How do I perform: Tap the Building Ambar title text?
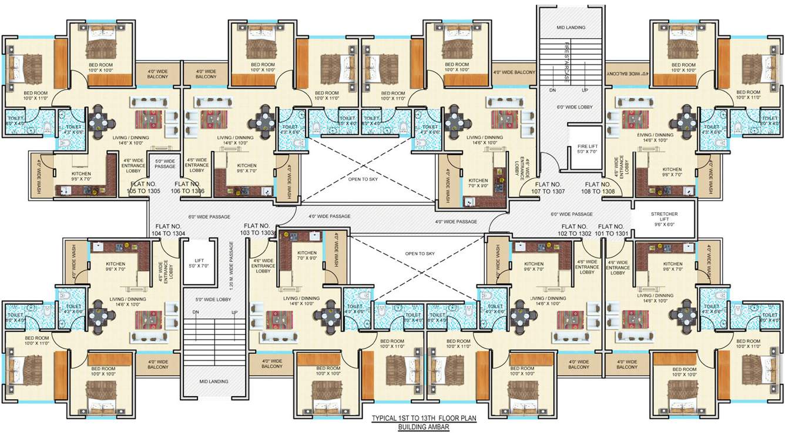click(423, 427)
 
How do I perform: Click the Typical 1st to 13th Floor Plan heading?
click(423, 419)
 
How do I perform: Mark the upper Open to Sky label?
click(363, 179)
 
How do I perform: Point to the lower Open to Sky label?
click(420, 253)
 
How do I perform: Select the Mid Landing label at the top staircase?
click(569, 28)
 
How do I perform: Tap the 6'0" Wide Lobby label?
click(575, 107)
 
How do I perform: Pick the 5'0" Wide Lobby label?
click(213, 299)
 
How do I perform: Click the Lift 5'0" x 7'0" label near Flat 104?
click(201, 263)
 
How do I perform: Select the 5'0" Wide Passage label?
click(165, 163)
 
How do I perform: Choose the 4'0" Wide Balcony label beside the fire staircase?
click(515, 72)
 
